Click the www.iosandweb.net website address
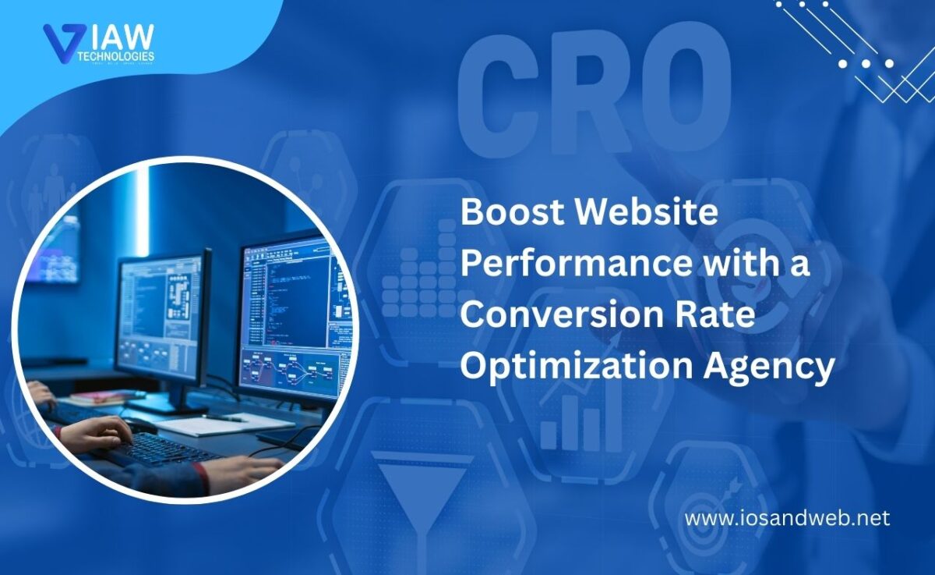787,518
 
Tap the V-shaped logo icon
61,43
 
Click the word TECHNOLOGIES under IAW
117,56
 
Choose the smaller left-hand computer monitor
161,320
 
